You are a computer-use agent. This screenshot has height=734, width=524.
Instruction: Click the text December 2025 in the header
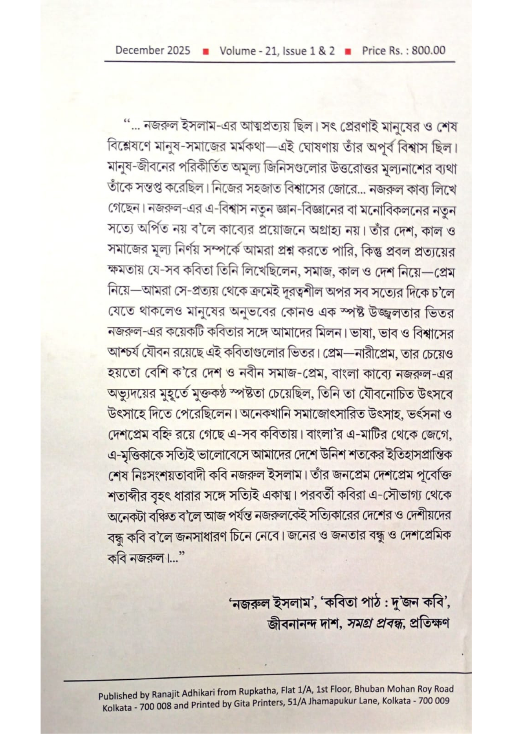(153, 50)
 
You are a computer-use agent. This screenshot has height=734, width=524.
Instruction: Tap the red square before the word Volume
(206, 51)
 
